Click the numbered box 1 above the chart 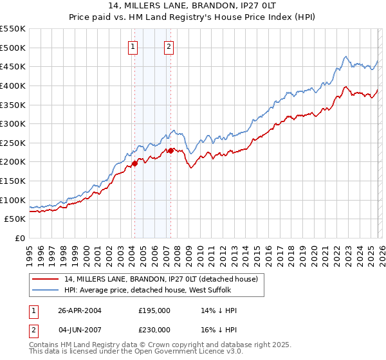pyautogui.click(x=133, y=46)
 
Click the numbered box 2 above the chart pyautogui.click(x=169, y=46)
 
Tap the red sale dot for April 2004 pyautogui.click(x=134, y=163)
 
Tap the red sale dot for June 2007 pyautogui.click(x=170, y=150)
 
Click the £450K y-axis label pyautogui.click(x=14, y=66)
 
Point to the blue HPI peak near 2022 pyautogui.click(x=345, y=57)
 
